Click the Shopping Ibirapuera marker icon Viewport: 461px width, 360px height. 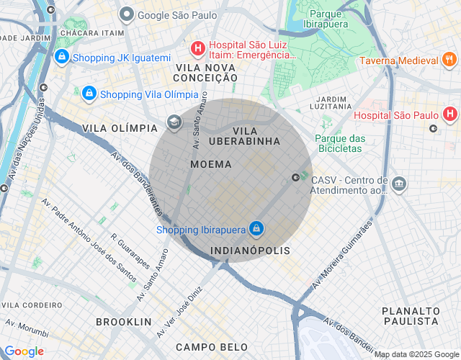tap(256, 230)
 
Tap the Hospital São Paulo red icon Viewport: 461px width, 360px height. tap(450, 114)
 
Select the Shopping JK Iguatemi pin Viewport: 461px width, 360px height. tap(62, 56)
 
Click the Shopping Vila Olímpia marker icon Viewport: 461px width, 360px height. tap(89, 93)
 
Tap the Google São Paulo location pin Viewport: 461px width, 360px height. tap(127, 14)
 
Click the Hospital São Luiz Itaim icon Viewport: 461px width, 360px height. tap(197, 48)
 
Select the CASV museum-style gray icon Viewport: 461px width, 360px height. tap(399, 185)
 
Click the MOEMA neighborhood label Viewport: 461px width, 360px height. tap(211, 164)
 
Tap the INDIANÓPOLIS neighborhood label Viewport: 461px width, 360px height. tap(250, 251)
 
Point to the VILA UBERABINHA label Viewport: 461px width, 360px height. tap(246, 135)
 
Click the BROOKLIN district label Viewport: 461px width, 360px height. tap(124, 321)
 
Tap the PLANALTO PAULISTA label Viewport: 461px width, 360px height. tap(411, 315)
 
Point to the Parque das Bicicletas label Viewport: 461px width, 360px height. tap(340, 143)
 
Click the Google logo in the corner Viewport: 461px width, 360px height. tap(24, 351)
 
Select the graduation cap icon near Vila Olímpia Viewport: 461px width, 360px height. tap(174, 122)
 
